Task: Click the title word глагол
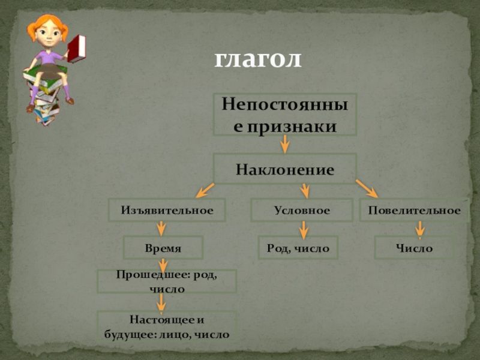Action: coord(258,59)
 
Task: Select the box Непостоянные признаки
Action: coord(285,114)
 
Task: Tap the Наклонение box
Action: coord(285,169)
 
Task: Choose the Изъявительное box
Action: coord(167,211)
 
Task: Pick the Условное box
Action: coord(302,211)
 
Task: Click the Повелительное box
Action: coord(414,211)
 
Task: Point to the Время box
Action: coord(163,247)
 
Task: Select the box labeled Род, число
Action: coord(298,247)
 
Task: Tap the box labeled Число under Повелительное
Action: coord(414,247)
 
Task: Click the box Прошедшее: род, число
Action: coord(167,281)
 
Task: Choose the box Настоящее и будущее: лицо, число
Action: coord(167,326)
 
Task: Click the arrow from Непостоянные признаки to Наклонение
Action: coord(285,144)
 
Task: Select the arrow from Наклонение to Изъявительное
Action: coord(205,190)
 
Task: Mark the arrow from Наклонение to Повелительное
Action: coord(367,188)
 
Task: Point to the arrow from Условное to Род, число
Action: coord(303,229)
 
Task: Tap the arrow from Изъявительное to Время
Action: coord(161,229)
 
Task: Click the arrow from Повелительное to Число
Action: coord(420,229)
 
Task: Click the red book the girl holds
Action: coord(76,49)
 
